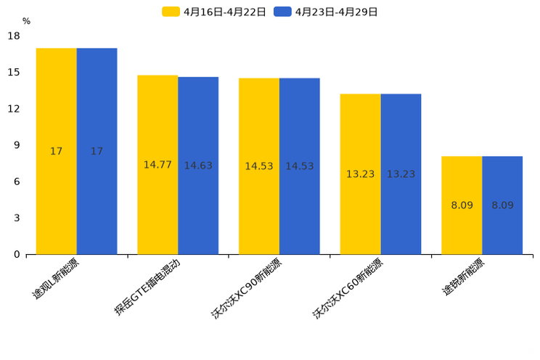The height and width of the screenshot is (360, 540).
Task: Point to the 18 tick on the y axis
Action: pos(14,36)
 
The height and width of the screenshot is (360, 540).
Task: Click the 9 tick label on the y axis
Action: pos(17,145)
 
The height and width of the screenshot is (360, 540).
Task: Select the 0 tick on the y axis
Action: pos(17,254)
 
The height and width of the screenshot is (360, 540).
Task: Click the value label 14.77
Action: pos(157,165)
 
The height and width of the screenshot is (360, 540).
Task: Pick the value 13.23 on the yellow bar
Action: pos(360,174)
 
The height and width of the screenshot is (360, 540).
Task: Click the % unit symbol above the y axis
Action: pos(26,22)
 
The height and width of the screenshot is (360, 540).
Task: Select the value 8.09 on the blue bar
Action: pos(502,205)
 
